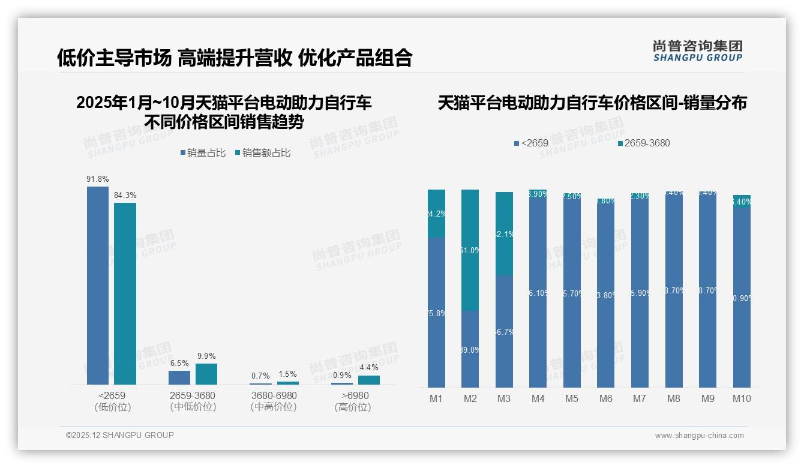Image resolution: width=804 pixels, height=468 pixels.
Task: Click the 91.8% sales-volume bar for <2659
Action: [x=98, y=285]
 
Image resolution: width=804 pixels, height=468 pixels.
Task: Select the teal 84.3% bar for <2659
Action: [x=125, y=293]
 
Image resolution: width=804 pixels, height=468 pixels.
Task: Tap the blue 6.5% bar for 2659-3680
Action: [x=179, y=377]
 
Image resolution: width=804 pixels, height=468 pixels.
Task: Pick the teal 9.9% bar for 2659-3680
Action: [x=206, y=374]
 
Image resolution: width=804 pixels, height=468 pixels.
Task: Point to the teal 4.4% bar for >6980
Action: [x=368, y=380]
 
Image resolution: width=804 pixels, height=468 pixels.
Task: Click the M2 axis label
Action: [x=470, y=398]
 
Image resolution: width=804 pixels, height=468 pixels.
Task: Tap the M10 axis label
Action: [x=742, y=398]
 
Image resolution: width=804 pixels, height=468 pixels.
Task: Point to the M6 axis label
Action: [x=605, y=398]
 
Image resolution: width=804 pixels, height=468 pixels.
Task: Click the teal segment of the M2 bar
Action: [x=470, y=250]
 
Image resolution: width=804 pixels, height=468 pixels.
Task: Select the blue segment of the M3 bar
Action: [x=504, y=331]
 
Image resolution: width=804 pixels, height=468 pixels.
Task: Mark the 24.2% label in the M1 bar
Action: [x=436, y=214]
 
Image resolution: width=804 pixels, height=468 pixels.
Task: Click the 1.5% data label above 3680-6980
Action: [x=287, y=374]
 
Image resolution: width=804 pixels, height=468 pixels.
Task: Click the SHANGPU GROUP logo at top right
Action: [x=697, y=51]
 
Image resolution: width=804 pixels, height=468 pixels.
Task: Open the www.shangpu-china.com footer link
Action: [x=699, y=436]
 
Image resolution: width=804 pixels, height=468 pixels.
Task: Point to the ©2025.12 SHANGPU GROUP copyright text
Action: [x=120, y=435]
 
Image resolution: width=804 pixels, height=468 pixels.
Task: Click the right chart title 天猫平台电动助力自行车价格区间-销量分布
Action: [x=592, y=103]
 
